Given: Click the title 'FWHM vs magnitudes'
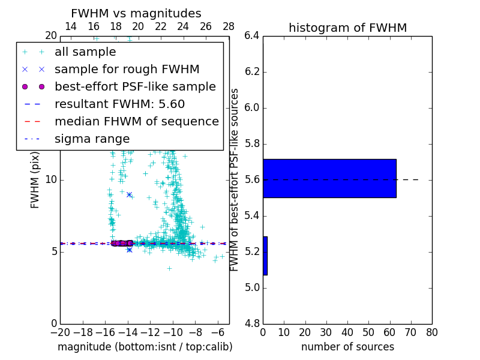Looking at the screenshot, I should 136,14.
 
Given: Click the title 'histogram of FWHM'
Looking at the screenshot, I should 347,28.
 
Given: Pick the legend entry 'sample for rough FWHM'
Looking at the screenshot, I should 127,70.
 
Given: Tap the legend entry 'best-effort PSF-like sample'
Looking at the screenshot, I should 135,87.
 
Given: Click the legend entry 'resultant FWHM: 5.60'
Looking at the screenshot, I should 119,104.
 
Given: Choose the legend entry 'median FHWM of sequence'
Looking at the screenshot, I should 136,122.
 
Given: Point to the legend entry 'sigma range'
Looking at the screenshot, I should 92,139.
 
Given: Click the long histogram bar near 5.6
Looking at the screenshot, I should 329,178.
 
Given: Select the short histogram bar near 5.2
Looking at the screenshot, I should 265,256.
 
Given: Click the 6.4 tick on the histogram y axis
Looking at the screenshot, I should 253,36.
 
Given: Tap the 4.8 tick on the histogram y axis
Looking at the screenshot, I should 253,323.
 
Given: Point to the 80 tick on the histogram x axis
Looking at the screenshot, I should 431,332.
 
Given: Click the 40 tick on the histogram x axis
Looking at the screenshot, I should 347,332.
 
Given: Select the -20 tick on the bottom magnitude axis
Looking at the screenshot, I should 60,332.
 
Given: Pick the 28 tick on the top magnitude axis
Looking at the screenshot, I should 229,26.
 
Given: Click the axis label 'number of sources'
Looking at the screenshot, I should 347,347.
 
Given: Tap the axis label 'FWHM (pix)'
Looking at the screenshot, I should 35,179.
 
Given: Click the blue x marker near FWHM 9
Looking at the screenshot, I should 129,194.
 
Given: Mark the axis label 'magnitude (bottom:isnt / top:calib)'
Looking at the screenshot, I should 145,347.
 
